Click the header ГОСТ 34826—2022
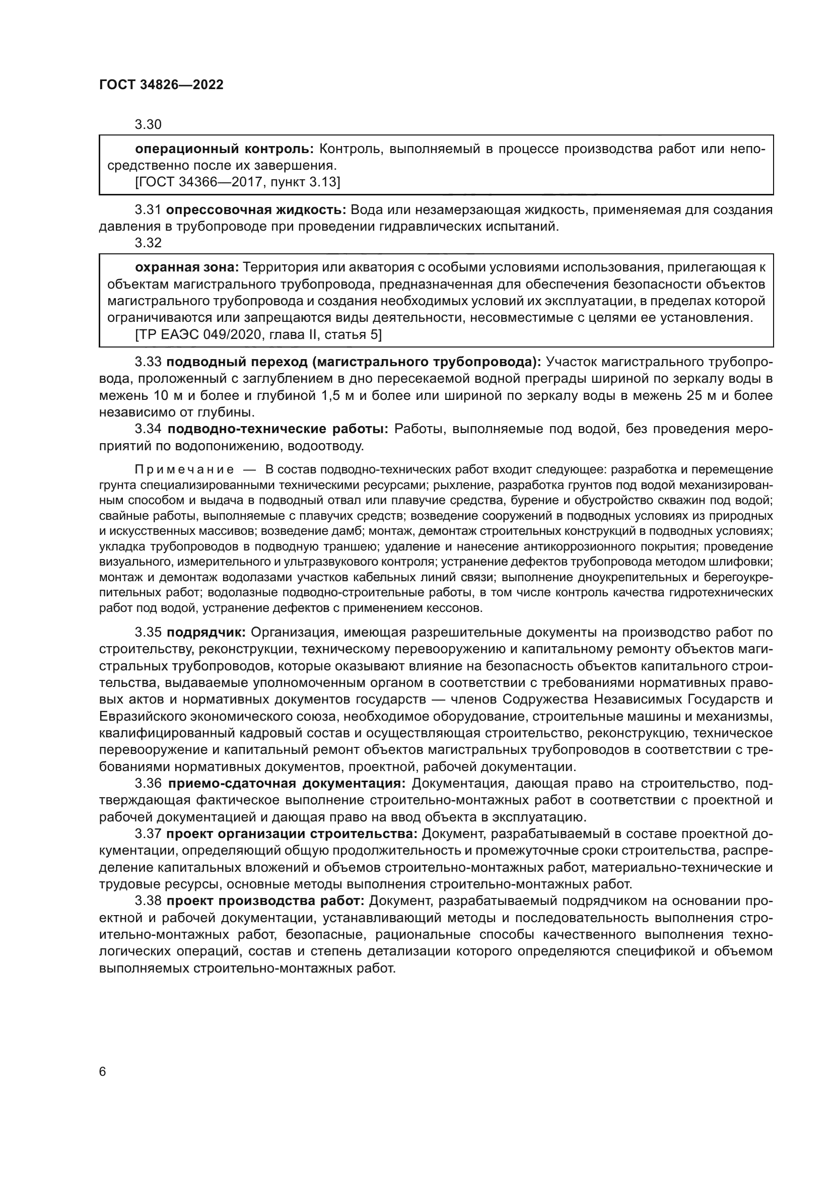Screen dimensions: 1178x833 (x=161, y=85)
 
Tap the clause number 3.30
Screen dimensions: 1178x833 (x=148, y=125)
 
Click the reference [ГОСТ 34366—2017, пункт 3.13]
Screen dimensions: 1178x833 (x=238, y=182)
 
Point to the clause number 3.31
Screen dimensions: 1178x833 (x=148, y=210)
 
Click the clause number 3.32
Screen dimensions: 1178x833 (x=148, y=243)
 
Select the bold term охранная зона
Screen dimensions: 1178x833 (x=187, y=267)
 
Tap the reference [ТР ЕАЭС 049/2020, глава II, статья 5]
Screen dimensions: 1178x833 (x=258, y=334)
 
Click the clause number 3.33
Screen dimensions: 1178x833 (x=148, y=362)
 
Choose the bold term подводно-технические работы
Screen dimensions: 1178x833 (x=277, y=429)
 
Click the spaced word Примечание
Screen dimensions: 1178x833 (x=184, y=469)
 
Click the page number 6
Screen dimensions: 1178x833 (x=103, y=1072)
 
